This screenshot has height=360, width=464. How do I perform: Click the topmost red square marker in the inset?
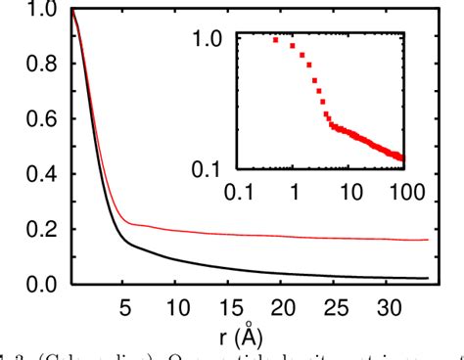[x=276, y=39]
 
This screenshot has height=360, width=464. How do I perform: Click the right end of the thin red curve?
[x=428, y=240]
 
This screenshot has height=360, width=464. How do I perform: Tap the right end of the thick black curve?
[x=428, y=278]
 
